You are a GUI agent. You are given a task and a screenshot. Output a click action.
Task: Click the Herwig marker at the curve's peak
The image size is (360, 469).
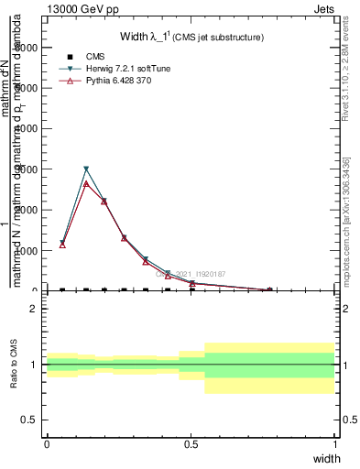coord(86,169)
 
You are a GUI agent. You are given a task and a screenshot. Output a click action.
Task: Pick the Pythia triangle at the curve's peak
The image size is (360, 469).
coord(86,183)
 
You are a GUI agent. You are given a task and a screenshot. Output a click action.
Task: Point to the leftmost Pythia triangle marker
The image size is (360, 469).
coord(62,245)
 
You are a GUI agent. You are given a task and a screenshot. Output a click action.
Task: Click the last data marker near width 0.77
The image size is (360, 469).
coord(269,289)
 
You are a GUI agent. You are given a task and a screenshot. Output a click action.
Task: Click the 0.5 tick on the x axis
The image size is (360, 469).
coord(191,443)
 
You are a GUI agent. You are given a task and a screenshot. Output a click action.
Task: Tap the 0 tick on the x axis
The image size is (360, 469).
coord(47,443)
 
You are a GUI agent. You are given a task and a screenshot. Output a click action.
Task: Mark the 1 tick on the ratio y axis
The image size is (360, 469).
coord(33,365)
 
